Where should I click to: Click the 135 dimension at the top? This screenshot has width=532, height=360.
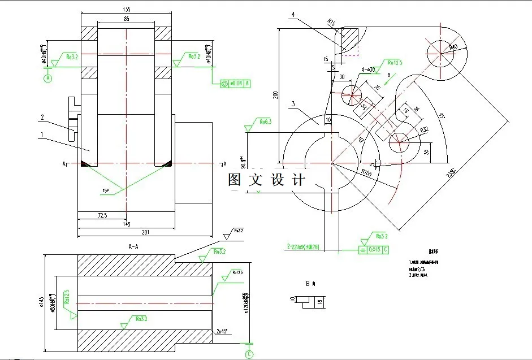pyautogui.click(x=127, y=9)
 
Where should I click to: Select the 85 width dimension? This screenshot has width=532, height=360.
pyautogui.click(x=127, y=19)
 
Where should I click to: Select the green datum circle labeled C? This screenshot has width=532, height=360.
pyautogui.click(x=249, y=354)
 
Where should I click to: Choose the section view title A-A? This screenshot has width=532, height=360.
pyautogui.click(x=135, y=246)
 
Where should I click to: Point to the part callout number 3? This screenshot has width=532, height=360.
pyautogui.click(x=293, y=104)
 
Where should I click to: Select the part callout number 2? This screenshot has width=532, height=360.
pyautogui.click(x=42, y=117)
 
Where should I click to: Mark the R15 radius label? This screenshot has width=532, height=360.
pyautogui.click(x=331, y=23)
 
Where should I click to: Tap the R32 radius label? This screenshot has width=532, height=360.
pyautogui.click(x=425, y=131)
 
